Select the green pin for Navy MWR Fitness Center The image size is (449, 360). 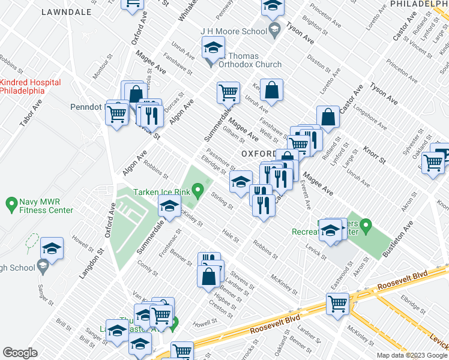coord(11,205)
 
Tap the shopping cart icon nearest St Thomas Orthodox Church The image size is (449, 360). coord(228,93)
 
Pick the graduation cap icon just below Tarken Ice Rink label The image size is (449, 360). coord(170,207)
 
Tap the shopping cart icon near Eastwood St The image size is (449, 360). coord(338,304)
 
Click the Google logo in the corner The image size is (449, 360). coord(20,353)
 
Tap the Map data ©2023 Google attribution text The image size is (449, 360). coord(411,355)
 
